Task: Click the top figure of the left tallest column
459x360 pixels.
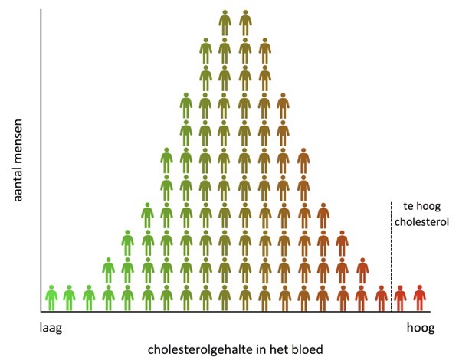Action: [x=225, y=23]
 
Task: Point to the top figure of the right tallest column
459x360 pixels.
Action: [x=244, y=23]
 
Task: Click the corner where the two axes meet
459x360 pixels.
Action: [x=41, y=312]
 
